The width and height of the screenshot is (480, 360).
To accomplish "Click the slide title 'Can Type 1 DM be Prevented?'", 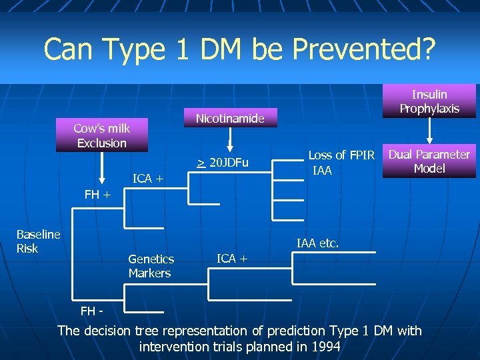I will [239, 48].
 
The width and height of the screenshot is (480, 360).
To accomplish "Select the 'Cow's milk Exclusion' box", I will [102, 135].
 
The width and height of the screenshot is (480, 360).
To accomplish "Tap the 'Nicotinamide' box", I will [230, 119].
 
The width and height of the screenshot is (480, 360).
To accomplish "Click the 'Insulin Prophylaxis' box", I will [429, 101].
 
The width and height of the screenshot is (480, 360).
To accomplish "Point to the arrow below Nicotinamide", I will [230, 141].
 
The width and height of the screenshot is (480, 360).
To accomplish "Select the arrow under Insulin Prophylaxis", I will [429, 133].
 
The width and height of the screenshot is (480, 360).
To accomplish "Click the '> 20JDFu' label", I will [222, 163].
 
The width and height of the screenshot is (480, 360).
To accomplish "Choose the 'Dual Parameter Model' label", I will [429, 161].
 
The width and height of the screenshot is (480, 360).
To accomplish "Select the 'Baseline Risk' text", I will [38, 241].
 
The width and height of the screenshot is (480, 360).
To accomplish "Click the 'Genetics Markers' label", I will [151, 266].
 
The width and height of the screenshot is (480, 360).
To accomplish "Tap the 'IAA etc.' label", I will [317, 244].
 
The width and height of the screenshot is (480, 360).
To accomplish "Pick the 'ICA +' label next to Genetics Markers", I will [231, 258].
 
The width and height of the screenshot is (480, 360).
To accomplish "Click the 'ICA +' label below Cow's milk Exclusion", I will [147, 178].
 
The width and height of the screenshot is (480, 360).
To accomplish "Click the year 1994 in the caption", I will [325, 347].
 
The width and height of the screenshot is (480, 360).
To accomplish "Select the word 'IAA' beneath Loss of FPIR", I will [323, 171].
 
